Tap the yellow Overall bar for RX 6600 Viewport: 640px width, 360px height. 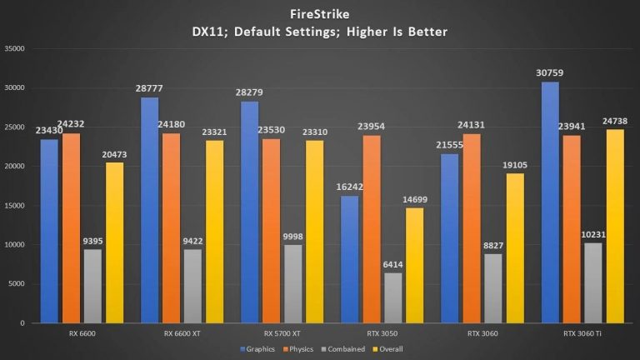(115, 242)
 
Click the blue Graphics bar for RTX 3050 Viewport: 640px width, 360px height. (349, 259)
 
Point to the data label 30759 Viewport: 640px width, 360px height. (547, 74)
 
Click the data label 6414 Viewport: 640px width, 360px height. (392, 264)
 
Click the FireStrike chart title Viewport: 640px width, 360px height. (320, 14)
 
